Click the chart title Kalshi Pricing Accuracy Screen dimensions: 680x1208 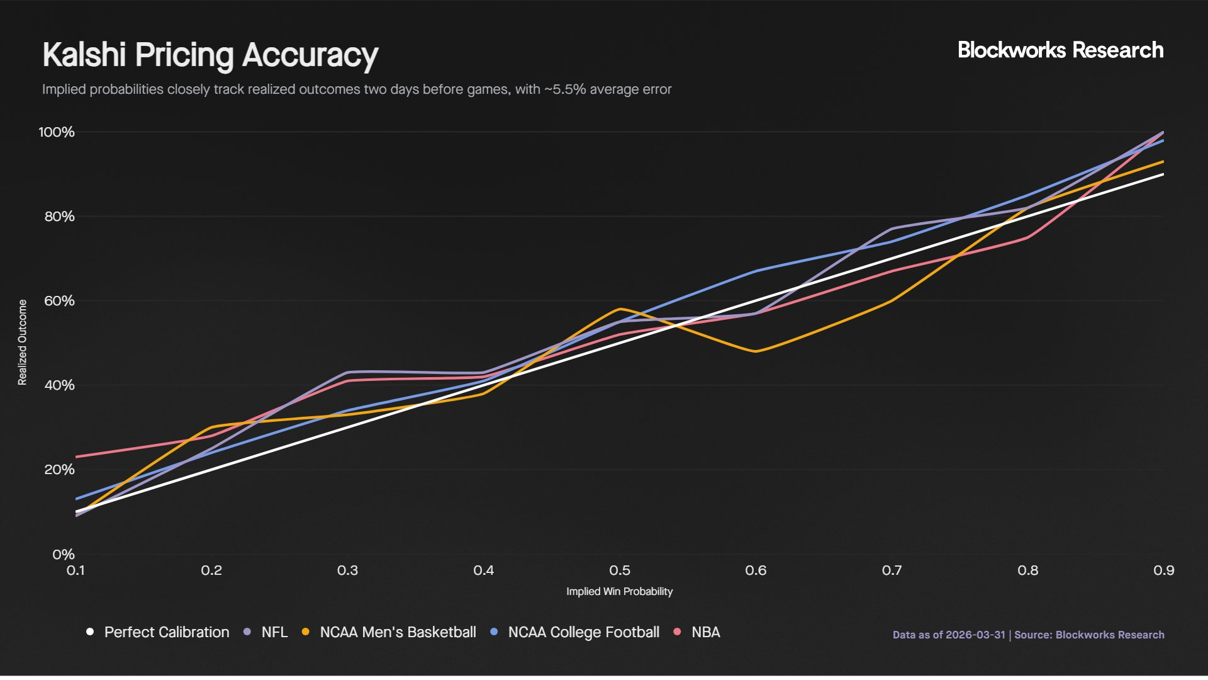click(x=210, y=55)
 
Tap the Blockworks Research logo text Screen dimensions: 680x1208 click(x=1060, y=50)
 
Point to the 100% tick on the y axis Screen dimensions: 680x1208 click(x=57, y=132)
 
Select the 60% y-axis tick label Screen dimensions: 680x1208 click(x=59, y=301)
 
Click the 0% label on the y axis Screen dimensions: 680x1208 click(x=64, y=555)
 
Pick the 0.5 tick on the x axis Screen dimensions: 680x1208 click(x=620, y=570)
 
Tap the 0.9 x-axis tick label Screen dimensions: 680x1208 click(x=1163, y=570)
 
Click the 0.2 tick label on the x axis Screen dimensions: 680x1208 click(x=211, y=570)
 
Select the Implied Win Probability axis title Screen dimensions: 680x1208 click(x=619, y=592)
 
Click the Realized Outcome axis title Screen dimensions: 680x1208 click(x=23, y=343)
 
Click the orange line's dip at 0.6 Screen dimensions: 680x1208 click(x=755, y=351)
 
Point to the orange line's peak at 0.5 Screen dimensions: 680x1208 click(x=620, y=309)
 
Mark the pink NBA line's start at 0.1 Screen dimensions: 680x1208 click(x=77, y=456)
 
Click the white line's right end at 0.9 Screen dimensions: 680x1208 click(x=1163, y=174)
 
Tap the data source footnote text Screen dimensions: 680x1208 click(x=1028, y=635)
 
